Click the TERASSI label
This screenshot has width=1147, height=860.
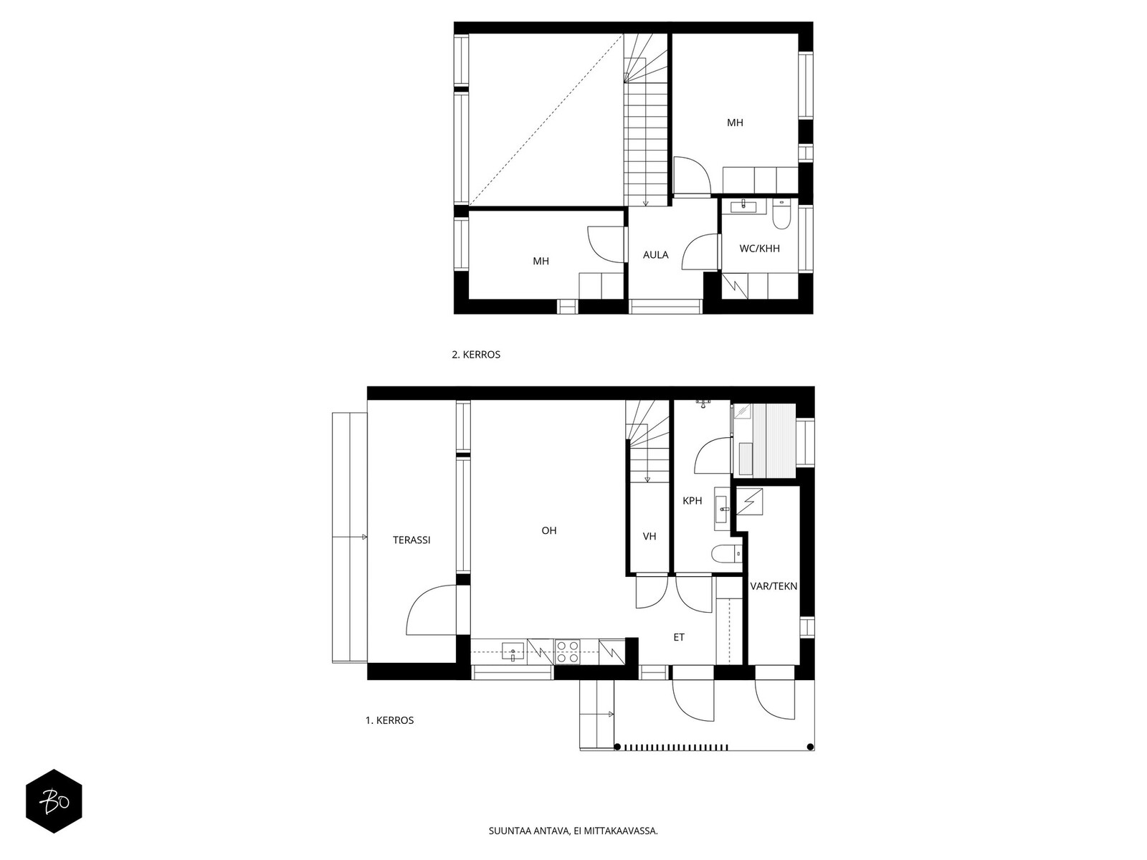pos(411,540)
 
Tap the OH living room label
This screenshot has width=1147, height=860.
pos(549,531)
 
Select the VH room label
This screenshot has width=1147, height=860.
pos(649,536)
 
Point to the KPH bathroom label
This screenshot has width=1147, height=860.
pos(693,501)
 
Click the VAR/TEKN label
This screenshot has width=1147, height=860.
pos(774,586)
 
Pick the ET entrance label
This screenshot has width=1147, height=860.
pos(679,637)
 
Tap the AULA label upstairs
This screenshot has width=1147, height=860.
pos(656,254)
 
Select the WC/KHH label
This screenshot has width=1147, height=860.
pos(760,249)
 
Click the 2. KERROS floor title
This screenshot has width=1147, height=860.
pos(476,355)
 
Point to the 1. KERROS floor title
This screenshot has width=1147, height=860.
pos(390,720)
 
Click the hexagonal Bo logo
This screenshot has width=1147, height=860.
pos(54,801)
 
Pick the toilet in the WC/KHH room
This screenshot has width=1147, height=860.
pos(781,215)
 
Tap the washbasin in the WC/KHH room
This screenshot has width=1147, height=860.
pos(743,207)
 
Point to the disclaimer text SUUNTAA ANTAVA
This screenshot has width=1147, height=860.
pos(573,832)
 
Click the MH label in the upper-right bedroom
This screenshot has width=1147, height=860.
pos(735,123)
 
